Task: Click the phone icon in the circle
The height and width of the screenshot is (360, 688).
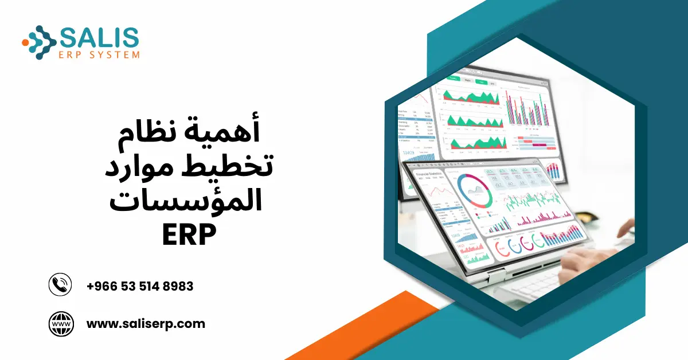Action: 60,285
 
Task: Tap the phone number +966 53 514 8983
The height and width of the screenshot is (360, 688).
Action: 139,286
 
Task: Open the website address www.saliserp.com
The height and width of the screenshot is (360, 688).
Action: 146,324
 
